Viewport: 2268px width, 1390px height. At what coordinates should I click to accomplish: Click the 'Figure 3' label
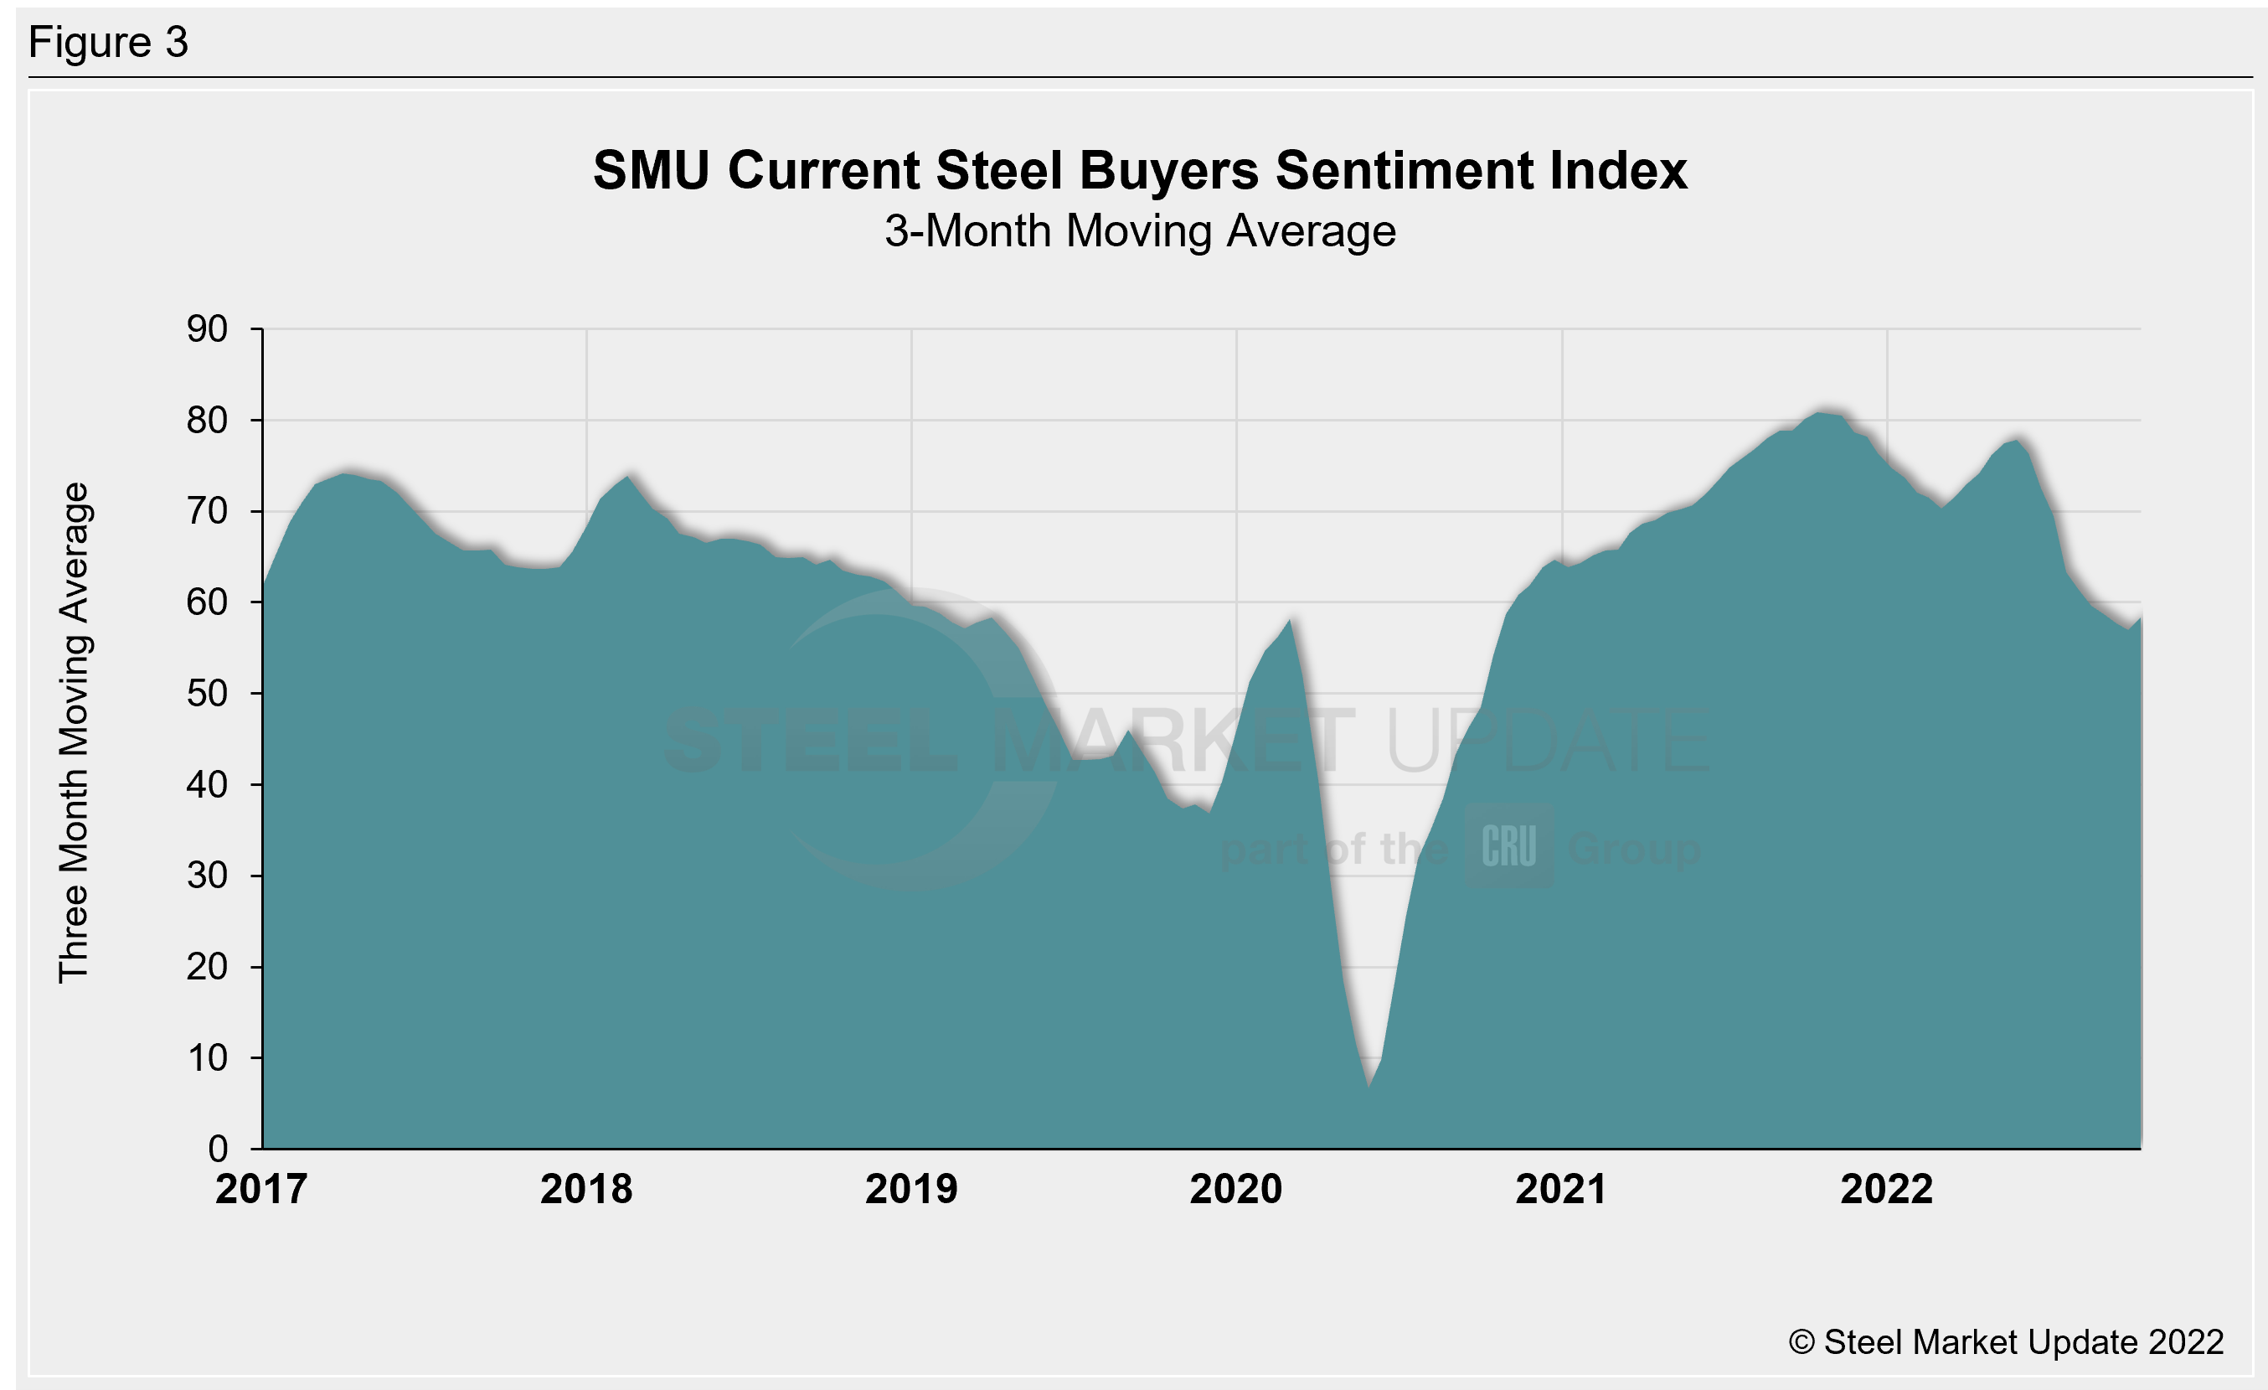108,43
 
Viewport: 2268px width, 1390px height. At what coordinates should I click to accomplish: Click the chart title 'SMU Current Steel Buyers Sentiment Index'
1140,170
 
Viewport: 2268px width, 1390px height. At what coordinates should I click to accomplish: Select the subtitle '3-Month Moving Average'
1140,231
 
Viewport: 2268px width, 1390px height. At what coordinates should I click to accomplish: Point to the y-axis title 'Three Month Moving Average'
74,733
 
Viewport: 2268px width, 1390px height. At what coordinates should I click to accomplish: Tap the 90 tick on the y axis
207,328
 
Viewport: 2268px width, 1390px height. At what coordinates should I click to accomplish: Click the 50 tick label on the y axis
207,693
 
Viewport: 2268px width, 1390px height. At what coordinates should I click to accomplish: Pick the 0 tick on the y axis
218,1148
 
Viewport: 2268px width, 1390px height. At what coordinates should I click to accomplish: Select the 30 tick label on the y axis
207,876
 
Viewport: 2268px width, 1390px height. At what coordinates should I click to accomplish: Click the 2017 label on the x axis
261,1189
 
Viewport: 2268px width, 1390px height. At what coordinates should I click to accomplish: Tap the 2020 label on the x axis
1235,1189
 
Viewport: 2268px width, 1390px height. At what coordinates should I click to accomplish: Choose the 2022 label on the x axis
1886,1189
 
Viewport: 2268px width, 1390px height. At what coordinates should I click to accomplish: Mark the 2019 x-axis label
911,1189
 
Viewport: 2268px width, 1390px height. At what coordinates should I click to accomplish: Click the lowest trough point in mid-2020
1369,1086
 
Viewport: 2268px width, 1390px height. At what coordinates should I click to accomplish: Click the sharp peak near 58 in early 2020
1290,621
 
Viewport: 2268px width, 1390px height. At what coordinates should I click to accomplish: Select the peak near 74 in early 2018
628,476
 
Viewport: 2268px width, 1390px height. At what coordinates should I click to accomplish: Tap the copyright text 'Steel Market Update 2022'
2007,1342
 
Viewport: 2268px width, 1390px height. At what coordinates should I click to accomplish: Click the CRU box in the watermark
1508,846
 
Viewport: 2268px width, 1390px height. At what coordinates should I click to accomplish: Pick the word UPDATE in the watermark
1546,741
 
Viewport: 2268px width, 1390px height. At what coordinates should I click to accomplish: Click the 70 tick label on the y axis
207,511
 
